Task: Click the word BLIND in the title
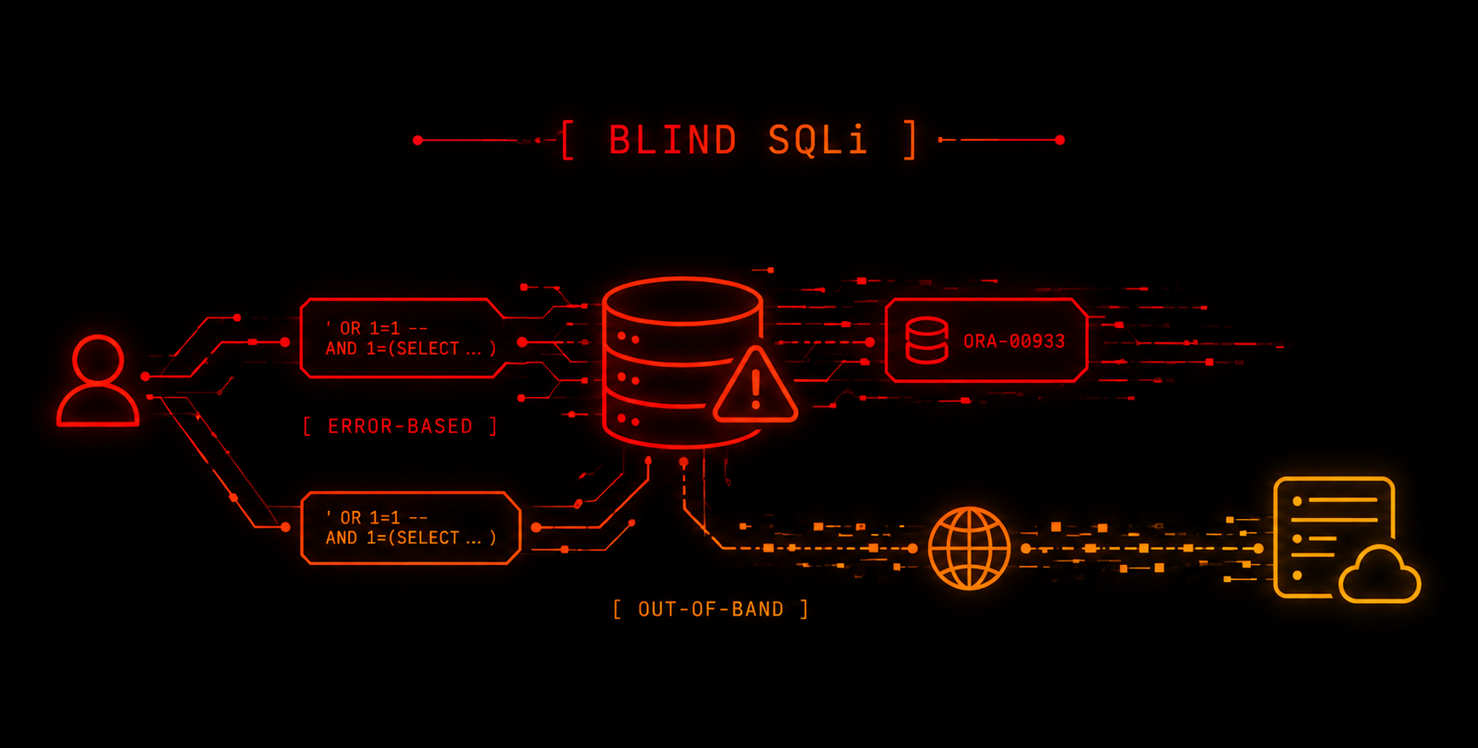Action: [672, 140]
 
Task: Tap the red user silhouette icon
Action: [97, 381]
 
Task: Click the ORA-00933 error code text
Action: [1014, 341]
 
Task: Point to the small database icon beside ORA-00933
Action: [927, 340]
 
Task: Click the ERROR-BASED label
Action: [400, 426]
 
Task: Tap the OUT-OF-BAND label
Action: [711, 608]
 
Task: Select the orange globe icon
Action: [970, 548]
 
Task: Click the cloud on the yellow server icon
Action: [1380, 575]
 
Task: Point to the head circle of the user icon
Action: [97, 359]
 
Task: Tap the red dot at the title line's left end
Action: [417, 140]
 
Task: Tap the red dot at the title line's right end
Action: [1060, 140]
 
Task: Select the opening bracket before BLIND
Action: [567, 140]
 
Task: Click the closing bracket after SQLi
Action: [910, 140]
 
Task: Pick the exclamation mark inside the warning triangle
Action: [756, 390]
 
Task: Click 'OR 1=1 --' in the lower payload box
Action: [377, 517]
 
